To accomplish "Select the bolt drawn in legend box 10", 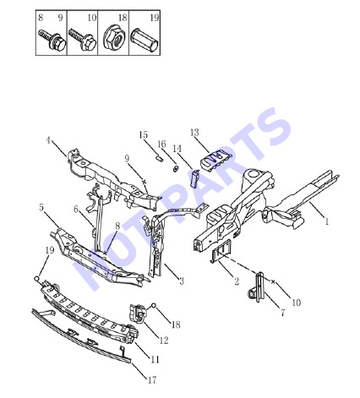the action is [x=83, y=40].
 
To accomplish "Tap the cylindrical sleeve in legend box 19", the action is [x=144, y=41].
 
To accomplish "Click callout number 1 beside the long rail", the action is [x=327, y=221].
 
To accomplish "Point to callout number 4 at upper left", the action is [x=48, y=139].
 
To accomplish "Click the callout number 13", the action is [x=194, y=133].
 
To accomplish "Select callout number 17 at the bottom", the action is [x=152, y=380].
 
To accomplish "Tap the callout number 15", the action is [x=143, y=134].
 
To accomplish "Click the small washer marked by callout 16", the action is [x=175, y=169].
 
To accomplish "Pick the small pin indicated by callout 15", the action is [x=159, y=158].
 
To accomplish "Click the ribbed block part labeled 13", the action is [x=215, y=161].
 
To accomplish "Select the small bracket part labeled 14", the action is [x=195, y=178].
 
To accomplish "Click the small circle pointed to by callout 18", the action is [x=154, y=305].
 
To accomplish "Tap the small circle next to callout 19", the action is [x=36, y=279].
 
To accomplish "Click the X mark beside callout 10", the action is [x=273, y=281].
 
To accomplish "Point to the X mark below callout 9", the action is [x=144, y=182].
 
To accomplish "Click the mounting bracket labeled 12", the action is [x=138, y=313].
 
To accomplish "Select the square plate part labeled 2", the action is [x=221, y=250].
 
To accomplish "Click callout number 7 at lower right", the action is [x=283, y=313].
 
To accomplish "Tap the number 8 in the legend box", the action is [x=41, y=18].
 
